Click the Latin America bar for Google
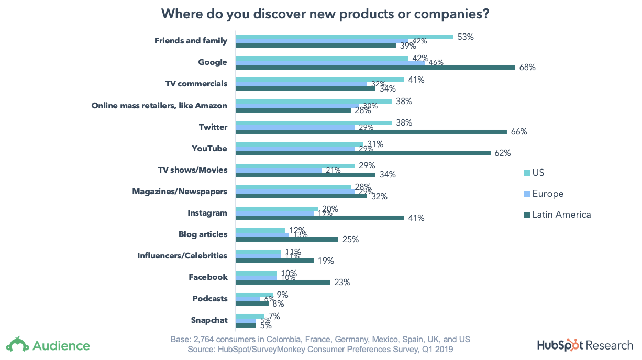[x=375, y=67]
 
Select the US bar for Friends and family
[x=344, y=37]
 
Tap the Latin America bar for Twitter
[x=371, y=132]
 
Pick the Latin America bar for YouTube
[x=362, y=153]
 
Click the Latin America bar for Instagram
[x=319, y=218]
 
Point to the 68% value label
[x=527, y=67]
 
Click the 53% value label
[x=465, y=37]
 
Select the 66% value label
[x=518, y=132]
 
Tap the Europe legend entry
[x=548, y=194]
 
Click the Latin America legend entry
[x=561, y=215]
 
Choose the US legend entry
[x=538, y=173]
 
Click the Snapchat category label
[x=209, y=320]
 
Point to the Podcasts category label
[x=210, y=299]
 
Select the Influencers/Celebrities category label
[x=182, y=256]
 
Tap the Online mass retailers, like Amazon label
[x=159, y=105]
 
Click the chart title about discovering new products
[x=325, y=14]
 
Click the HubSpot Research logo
[x=584, y=345]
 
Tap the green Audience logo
[x=48, y=345]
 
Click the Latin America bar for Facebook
[x=283, y=282]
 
